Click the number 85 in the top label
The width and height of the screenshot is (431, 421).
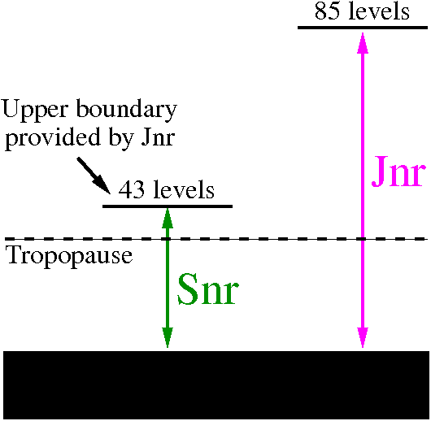tap(327, 12)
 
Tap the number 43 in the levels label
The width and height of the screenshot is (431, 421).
tap(131, 190)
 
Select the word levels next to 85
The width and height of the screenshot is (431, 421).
tap(379, 11)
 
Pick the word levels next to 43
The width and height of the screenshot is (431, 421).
tap(184, 189)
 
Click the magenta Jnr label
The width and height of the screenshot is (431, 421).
tap(398, 171)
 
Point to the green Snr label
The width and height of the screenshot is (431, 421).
tap(207, 289)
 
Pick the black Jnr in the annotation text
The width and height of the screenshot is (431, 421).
tap(158, 137)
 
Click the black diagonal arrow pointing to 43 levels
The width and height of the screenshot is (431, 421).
tap(94, 176)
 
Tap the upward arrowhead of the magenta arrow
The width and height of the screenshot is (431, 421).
tap(363, 43)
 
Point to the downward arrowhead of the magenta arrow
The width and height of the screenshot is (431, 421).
tap(363, 338)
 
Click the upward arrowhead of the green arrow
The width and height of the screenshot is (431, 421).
tap(168, 218)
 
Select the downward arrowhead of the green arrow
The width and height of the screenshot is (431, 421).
tap(168, 338)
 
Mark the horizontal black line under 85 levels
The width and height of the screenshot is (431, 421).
tap(363, 28)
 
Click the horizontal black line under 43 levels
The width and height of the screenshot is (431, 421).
tap(168, 206)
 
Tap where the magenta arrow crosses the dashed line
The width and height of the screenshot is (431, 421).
tap(363, 239)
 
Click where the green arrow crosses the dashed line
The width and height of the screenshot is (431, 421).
tap(168, 239)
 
